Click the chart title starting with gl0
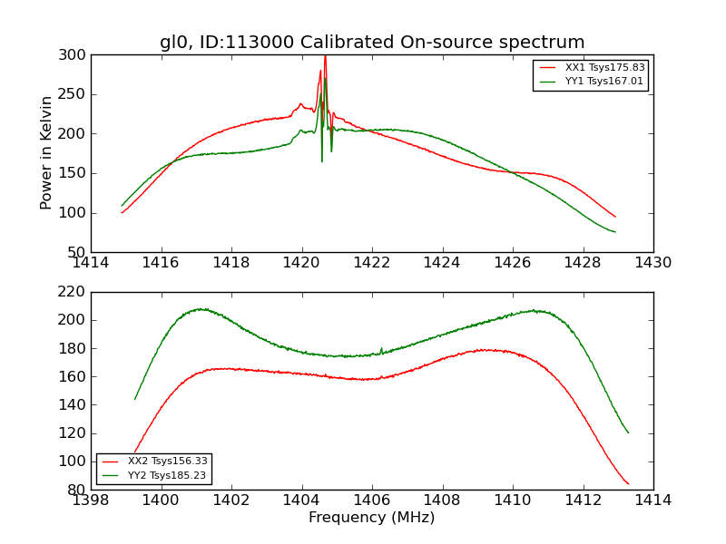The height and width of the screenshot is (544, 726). [x=372, y=43]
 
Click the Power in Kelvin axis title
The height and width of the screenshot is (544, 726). [x=46, y=153]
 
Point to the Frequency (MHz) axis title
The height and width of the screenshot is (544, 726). [x=372, y=518]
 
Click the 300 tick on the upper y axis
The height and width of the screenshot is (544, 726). [x=74, y=55]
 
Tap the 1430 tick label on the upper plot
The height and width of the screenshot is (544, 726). [x=652, y=263]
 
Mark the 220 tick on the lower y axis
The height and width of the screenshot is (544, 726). [x=74, y=292]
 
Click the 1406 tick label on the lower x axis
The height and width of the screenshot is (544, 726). [x=372, y=500]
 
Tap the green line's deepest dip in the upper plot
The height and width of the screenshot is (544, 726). [x=321, y=160]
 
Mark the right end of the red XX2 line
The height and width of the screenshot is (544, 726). [x=628, y=483]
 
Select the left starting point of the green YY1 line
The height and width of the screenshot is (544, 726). [x=122, y=206]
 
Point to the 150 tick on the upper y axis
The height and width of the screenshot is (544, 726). [x=74, y=173]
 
